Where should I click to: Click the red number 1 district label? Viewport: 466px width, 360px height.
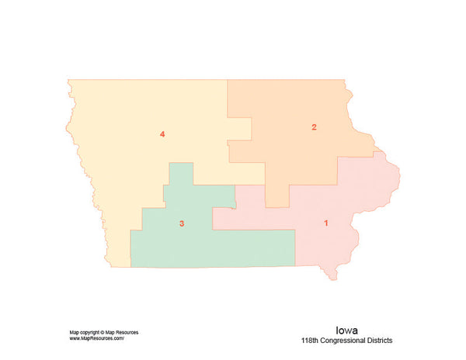pos(325,223)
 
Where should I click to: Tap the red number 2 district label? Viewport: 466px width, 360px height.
pos(314,126)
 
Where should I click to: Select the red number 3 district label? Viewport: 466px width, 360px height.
pos(182,224)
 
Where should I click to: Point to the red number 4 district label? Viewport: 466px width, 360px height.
pos(162,135)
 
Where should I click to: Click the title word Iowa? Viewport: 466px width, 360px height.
pos(346,329)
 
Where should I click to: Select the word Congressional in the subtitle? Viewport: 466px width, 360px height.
pos(347,341)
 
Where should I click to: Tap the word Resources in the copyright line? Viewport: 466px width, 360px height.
pos(127,332)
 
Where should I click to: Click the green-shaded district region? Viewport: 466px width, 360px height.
pos(210,248)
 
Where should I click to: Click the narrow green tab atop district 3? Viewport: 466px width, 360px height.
pos(181,174)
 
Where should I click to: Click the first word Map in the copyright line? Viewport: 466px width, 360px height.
pos(74,332)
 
